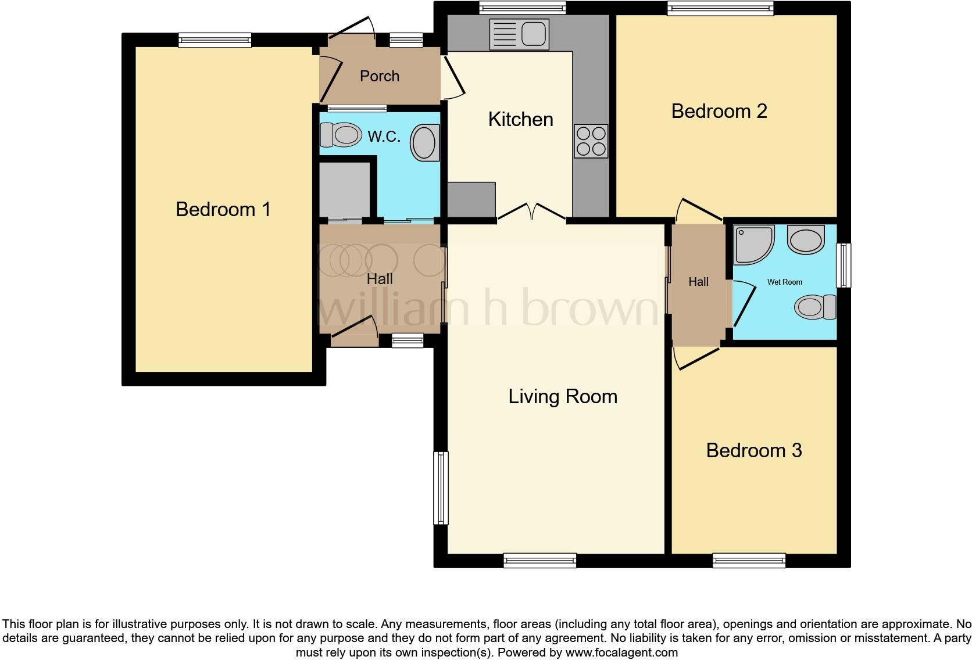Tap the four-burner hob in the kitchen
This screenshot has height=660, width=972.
click(591, 141)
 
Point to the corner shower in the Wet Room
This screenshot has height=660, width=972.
click(753, 245)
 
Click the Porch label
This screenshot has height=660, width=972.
click(379, 76)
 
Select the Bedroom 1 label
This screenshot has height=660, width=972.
click(223, 209)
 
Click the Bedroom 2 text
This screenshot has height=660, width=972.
click(719, 111)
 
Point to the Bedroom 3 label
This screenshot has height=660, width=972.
click(754, 450)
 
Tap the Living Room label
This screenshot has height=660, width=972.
click(562, 396)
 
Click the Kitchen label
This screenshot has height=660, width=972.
click(520, 119)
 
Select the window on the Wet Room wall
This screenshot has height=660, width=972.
click(843, 266)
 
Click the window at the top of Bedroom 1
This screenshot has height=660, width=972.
click(215, 40)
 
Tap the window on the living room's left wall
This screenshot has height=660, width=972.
click(441, 488)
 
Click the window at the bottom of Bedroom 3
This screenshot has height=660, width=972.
click(749, 560)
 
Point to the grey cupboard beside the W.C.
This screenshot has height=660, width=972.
click(345, 190)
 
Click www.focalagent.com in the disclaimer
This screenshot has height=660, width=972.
click(621, 652)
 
